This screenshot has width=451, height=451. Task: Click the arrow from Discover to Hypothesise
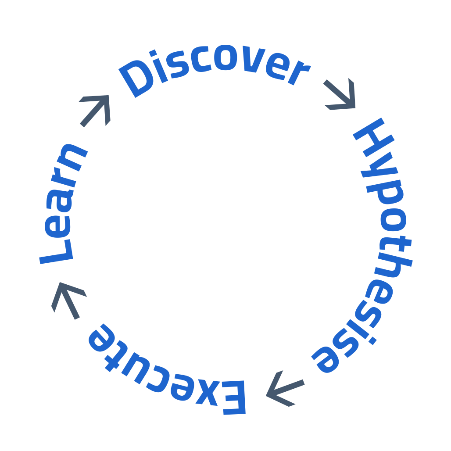pyautogui.click(x=340, y=94)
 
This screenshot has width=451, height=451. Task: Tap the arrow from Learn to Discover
pyautogui.click(x=96, y=110)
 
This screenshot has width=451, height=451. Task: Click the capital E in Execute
pyautogui.click(x=233, y=397)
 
